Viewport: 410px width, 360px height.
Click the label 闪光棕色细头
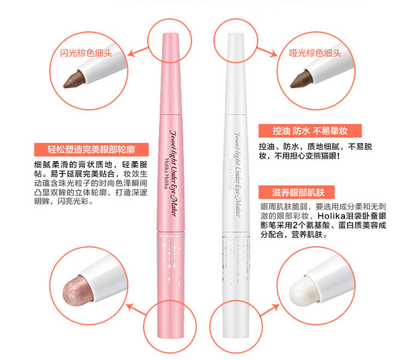click(86, 53)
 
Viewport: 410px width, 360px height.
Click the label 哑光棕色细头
click(315, 53)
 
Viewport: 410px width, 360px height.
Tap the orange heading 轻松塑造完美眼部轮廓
click(91, 150)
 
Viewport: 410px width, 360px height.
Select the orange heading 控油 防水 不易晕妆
click(310, 131)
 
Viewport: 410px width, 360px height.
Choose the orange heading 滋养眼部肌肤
click(296, 192)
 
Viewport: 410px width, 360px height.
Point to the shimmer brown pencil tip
click(74, 80)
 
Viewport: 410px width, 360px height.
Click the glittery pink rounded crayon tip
click(78, 290)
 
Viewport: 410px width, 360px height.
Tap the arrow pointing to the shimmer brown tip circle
click(138, 52)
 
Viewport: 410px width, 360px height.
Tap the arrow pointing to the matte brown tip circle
click(267, 52)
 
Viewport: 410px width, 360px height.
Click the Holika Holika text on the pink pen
click(166, 174)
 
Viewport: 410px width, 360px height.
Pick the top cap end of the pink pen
click(170, 34)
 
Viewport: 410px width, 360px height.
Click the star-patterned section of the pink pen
click(171, 258)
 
